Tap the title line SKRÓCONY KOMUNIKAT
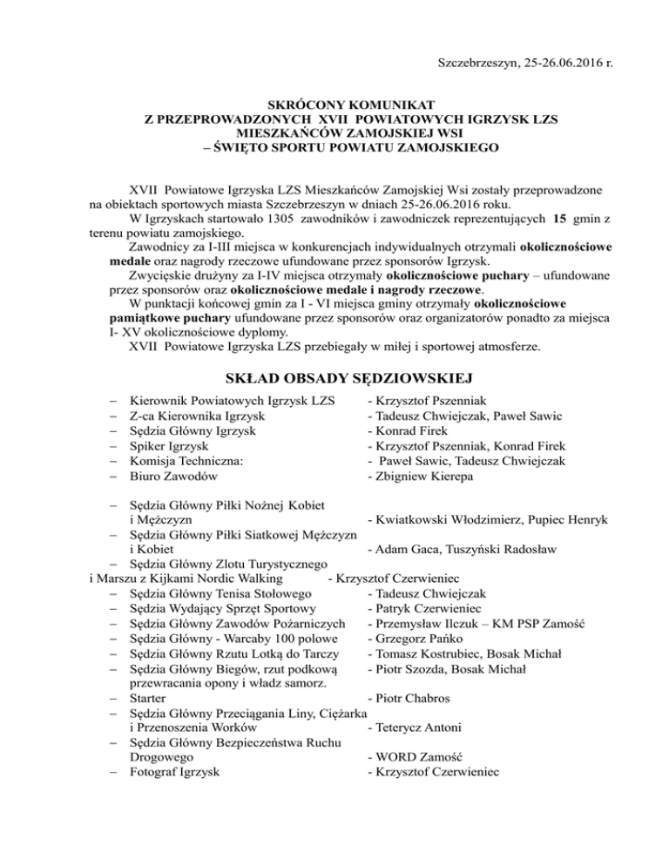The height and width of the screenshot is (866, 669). click(x=334, y=105)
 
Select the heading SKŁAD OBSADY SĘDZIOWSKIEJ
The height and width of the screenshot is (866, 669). click(x=334, y=377)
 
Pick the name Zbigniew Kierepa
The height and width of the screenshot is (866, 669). click(x=427, y=477)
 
